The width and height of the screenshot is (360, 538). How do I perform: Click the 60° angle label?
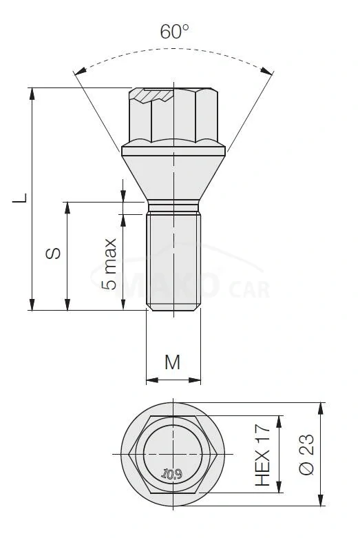point(174,32)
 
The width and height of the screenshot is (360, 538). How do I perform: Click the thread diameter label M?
point(173,361)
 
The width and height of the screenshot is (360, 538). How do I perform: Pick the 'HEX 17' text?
point(264,455)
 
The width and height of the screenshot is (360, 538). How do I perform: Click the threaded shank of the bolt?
point(174,262)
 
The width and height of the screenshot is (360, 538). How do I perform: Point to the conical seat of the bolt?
point(174,176)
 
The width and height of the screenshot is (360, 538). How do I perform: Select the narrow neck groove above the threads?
point(174,207)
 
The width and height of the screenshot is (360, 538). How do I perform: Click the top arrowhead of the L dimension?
point(32,92)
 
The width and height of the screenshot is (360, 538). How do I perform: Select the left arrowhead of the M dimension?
point(151,378)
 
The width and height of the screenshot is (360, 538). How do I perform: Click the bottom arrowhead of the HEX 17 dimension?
point(279,490)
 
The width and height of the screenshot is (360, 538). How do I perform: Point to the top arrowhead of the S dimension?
point(67,207)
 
